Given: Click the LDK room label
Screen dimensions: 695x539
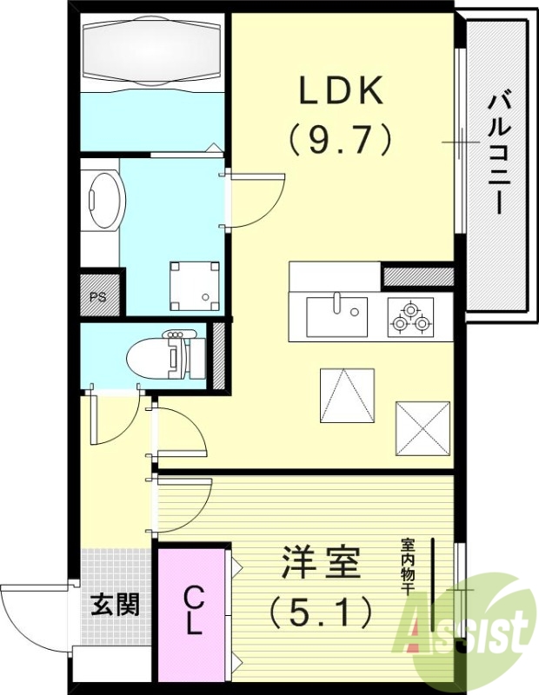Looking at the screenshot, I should pyautogui.click(x=341, y=89).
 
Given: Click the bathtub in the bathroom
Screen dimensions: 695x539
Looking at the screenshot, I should pyautogui.click(x=149, y=51).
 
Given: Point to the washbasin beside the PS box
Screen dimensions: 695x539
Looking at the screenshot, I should pyautogui.click(x=105, y=201).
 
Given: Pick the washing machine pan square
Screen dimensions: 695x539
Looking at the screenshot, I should pyautogui.click(x=194, y=284).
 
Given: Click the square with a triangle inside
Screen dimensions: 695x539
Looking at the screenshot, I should pyautogui.click(x=347, y=395).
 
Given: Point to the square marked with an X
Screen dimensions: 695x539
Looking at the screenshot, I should pyautogui.click(x=423, y=428).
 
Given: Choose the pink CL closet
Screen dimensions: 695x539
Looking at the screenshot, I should pyautogui.click(x=192, y=612).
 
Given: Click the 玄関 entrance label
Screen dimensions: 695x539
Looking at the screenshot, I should pyautogui.click(x=115, y=605).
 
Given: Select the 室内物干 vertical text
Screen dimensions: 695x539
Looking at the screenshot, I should pyautogui.click(x=407, y=566).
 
